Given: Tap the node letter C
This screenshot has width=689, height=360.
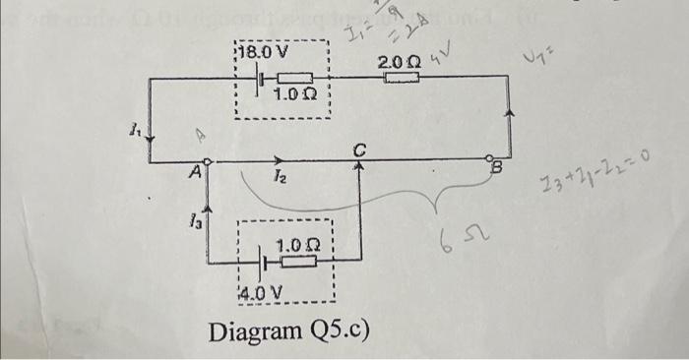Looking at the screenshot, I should pyautogui.click(x=360, y=150).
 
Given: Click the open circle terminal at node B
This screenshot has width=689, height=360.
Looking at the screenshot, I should pyautogui.click(x=492, y=159).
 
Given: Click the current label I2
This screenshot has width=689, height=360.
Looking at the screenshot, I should pyautogui.click(x=280, y=177).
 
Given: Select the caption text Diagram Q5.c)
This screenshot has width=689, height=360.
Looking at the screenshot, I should pyautogui.click(x=288, y=330).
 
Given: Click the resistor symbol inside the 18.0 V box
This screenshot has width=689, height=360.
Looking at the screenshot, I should pyautogui.click(x=293, y=78).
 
